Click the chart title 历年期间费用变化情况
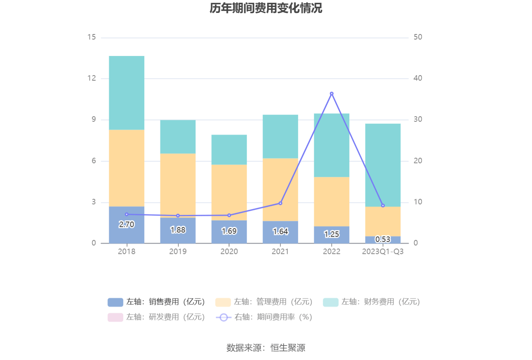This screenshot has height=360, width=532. [266, 8]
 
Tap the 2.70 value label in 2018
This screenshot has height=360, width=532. [126, 225]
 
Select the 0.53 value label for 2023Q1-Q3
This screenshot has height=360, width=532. [383, 239]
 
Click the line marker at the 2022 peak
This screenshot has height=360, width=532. [332, 94]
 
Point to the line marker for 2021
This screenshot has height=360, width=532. [280, 203]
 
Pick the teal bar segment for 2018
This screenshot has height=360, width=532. [126, 93]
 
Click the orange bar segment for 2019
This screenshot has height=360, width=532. [178, 185]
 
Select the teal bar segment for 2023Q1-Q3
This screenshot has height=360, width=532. [383, 165]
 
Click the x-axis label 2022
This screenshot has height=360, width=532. [332, 252]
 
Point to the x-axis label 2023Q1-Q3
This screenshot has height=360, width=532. [383, 252]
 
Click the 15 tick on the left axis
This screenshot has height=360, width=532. [92, 37]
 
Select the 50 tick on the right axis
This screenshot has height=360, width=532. [418, 37]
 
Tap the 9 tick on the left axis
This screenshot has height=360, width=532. [93, 119]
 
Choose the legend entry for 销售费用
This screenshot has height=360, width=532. [156, 302]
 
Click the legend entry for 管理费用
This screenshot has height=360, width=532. [264, 302]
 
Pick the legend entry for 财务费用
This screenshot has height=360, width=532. [372, 302]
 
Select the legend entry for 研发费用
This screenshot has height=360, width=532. [156, 317]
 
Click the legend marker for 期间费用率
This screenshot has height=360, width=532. [223, 317]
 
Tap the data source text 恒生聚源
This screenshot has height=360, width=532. [288, 348]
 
